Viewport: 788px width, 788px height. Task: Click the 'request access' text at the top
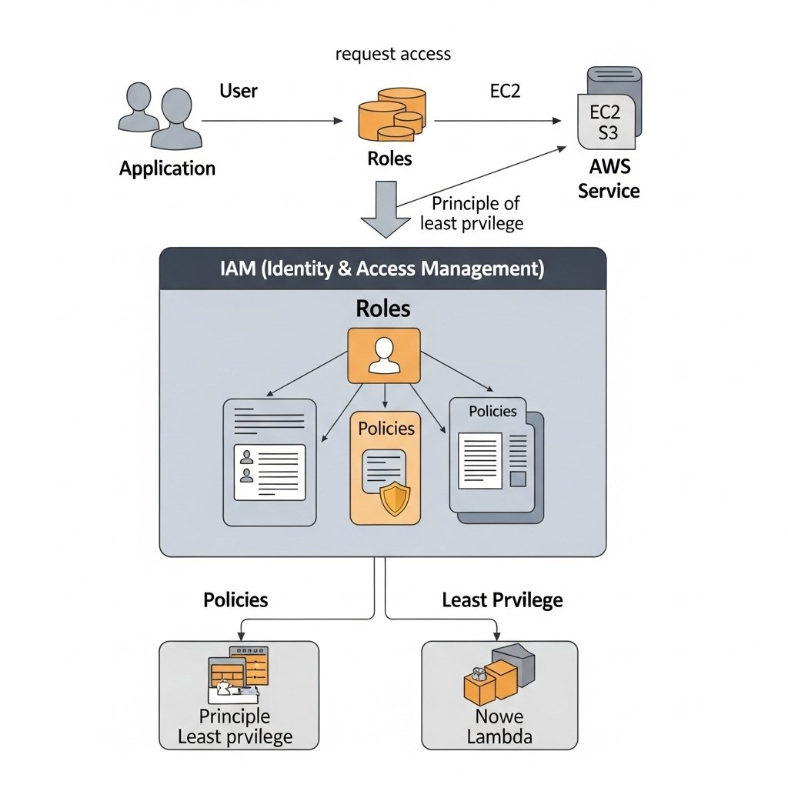coord(393,54)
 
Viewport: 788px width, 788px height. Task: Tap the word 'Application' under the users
coord(167,169)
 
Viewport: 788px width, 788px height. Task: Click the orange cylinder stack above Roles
coord(391,115)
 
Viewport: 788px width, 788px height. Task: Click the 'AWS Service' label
coord(609,179)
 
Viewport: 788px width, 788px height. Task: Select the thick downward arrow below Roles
coord(386,209)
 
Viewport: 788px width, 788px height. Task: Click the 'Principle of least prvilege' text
coord(473,213)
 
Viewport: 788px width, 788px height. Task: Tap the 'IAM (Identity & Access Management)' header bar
coord(382,269)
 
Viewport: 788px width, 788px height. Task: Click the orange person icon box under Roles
coord(384,356)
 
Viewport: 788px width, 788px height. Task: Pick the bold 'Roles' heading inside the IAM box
coord(382,309)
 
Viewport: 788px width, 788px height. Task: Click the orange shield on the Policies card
coord(396,499)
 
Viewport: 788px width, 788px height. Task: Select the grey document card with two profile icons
coord(269,462)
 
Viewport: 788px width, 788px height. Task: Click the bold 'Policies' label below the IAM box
coord(235,600)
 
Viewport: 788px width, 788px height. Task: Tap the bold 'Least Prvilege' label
coord(502,600)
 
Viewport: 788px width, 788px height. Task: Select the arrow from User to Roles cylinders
coord(272,121)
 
